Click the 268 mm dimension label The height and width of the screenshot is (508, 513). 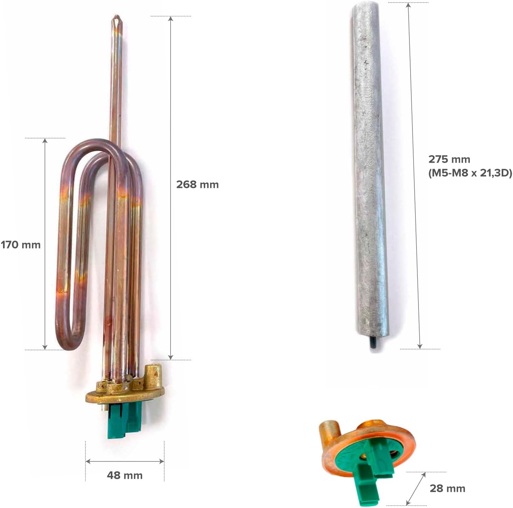pos(197,185)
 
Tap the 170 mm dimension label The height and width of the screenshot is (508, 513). pos(21,245)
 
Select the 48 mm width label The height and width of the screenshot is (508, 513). pos(125,475)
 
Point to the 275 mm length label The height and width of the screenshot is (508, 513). pos(449,159)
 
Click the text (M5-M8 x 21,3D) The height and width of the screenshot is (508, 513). pos(470,173)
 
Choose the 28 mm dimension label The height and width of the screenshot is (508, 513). pos(447,488)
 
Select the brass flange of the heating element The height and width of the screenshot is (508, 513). pos(125,395)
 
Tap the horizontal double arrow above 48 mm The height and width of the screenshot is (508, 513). pos(125,461)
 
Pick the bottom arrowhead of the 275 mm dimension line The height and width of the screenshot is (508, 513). pos(420,346)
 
